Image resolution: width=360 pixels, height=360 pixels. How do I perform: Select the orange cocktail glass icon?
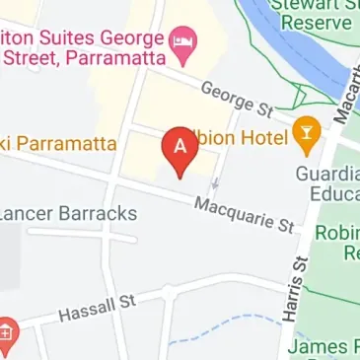(308, 136)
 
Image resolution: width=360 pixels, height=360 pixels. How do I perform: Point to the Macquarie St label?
(246, 215)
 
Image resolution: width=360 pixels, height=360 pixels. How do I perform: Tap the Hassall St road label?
(97, 310)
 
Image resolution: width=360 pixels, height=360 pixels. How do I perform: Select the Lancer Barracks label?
(67, 212)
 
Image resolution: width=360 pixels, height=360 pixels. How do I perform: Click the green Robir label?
(336, 233)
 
